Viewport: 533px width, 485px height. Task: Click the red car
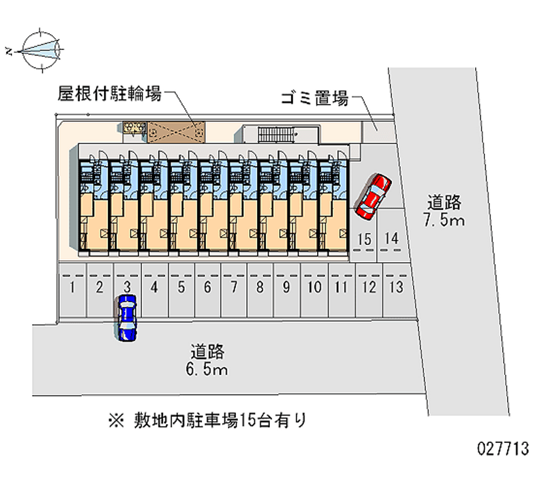click(x=373, y=197)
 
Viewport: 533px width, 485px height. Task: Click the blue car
click(x=127, y=318)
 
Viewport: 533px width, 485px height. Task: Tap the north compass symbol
click(x=40, y=51)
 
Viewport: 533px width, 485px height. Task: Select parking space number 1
click(x=72, y=290)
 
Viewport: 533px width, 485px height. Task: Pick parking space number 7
click(x=234, y=290)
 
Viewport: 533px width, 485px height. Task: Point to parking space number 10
click(x=314, y=290)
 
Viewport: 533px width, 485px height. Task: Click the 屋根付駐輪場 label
click(x=109, y=93)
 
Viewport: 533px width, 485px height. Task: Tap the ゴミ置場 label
click(x=314, y=98)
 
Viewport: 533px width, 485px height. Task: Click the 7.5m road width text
click(x=444, y=219)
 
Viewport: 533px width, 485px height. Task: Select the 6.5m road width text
click(x=207, y=370)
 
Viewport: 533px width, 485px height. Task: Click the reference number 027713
click(x=503, y=448)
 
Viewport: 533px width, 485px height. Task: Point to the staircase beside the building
click(x=276, y=134)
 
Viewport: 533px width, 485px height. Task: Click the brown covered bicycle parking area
click(x=176, y=131)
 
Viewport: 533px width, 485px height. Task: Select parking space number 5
click(x=181, y=290)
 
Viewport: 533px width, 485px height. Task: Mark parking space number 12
click(x=369, y=290)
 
